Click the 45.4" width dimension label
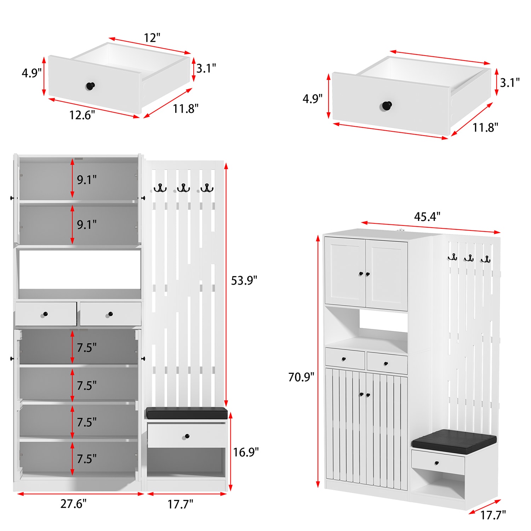tap(427, 216)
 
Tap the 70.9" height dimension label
tap(301, 377)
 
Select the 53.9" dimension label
tap(244, 280)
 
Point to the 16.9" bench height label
tap(246, 452)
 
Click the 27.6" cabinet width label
tap(73, 503)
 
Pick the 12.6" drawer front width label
tap(82, 115)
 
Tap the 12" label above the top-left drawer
tap(152, 38)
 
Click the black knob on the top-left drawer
tap(91, 86)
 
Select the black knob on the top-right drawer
tap(387, 105)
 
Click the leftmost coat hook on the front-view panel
tap(160, 188)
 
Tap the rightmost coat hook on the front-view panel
tap(207, 188)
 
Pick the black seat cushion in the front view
tap(187, 413)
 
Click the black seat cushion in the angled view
tap(454, 442)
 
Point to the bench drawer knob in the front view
tap(187, 436)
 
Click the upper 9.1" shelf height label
tap(87, 180)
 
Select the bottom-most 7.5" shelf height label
tap(87, 459)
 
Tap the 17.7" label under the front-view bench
tap(180, 504)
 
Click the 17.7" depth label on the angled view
tap(493, 515)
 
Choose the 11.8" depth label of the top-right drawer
tap(485, 127)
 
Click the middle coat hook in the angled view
tap(469, 258)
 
